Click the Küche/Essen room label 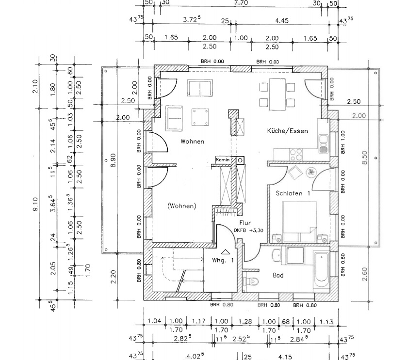(x=287, y=131)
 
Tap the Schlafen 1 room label (x=293, y=193)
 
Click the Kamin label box (x=223, y=159)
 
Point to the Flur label (x=244, y=222)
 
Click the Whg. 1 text (x=223, y=260)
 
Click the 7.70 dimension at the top (x=241, y=3)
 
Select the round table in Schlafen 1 (x=310, y=171)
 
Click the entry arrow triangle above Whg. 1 (x=225, y=252)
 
